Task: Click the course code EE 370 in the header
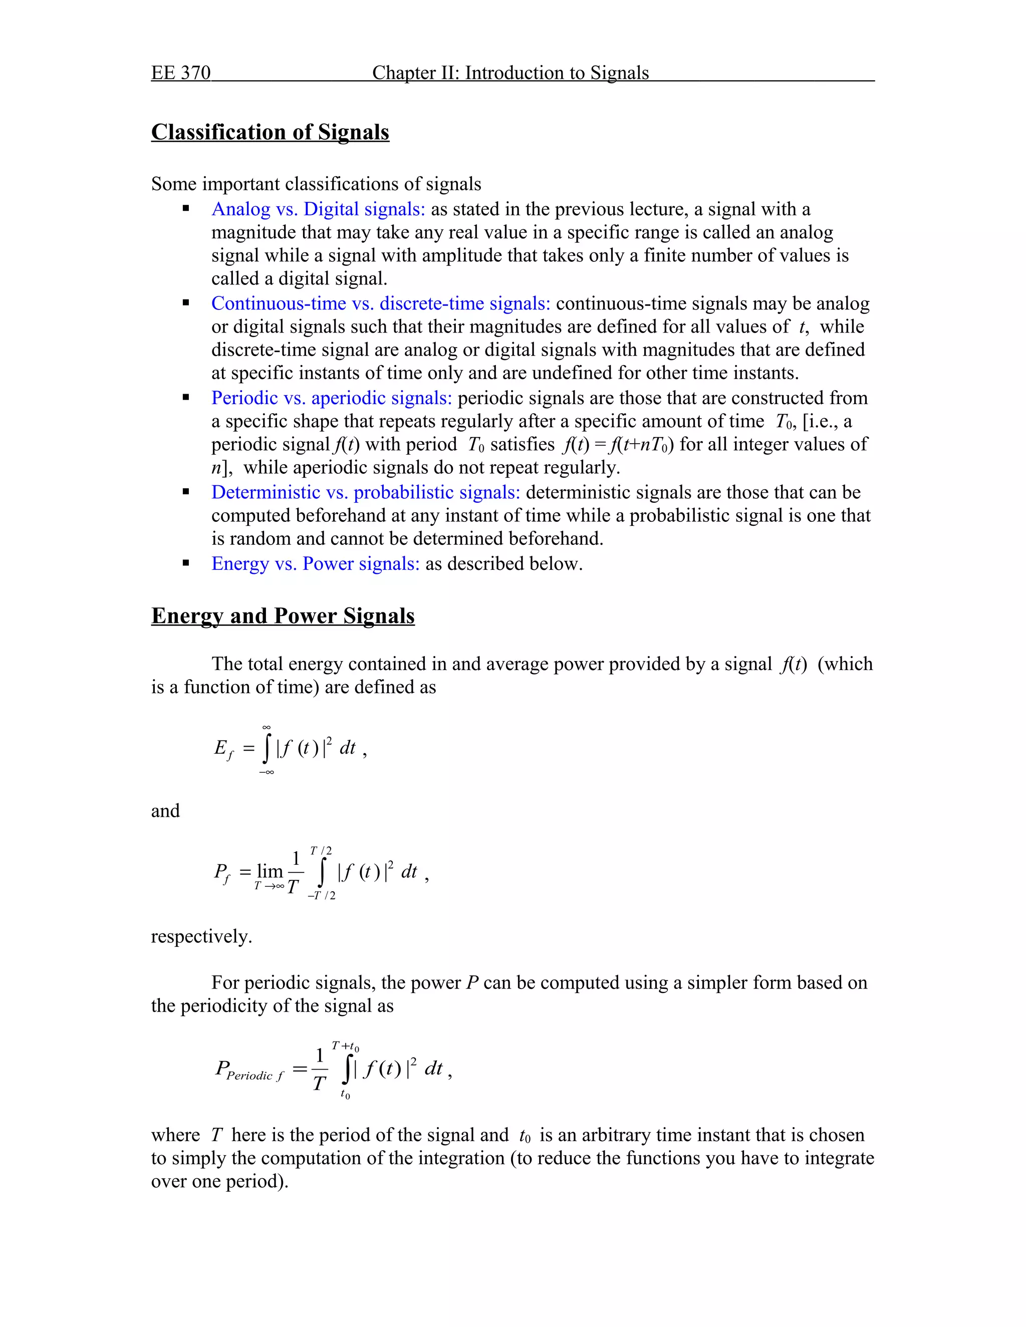click(x=180, y=73)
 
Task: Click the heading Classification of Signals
click(x=270, y=133)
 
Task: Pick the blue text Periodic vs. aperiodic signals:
click(x=331, y=398)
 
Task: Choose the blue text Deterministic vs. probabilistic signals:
click(x=365, y=492)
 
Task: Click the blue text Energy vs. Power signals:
click(x=315, y=564)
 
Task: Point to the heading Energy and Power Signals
click(x=283, y=616)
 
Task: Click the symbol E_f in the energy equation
click(x=223, y=749)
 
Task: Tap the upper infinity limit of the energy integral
click(x=266, y=727)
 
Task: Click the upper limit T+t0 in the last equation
click(x=345, y=1046)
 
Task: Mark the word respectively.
click(x=201, y=936)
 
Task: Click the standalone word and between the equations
click(x=165, y=811)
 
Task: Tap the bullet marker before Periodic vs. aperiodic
click(x=186, y=398)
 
